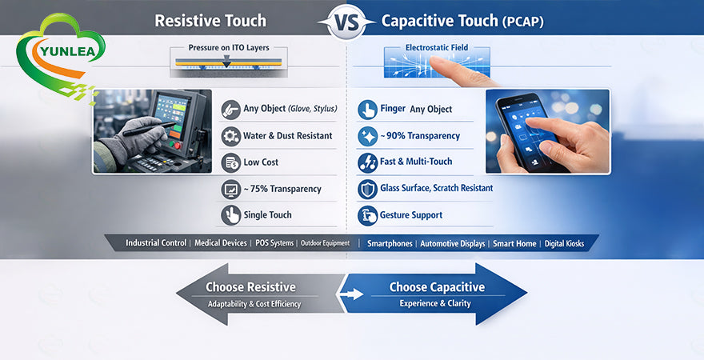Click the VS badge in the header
pos(346,22)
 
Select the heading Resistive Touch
pos(210,21)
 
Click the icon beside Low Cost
pos(230,162)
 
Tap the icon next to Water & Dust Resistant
pos(230,136)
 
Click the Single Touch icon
pos(230,214)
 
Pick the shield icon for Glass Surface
pos(367,189)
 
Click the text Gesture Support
pos(411,215)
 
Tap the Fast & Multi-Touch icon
pos(367,162)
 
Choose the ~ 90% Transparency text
pos(419,136)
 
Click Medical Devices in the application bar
pos(220,243)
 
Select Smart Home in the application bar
pos(514,243)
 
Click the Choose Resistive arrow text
pos(250,287)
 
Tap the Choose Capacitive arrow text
pos(437,287)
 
